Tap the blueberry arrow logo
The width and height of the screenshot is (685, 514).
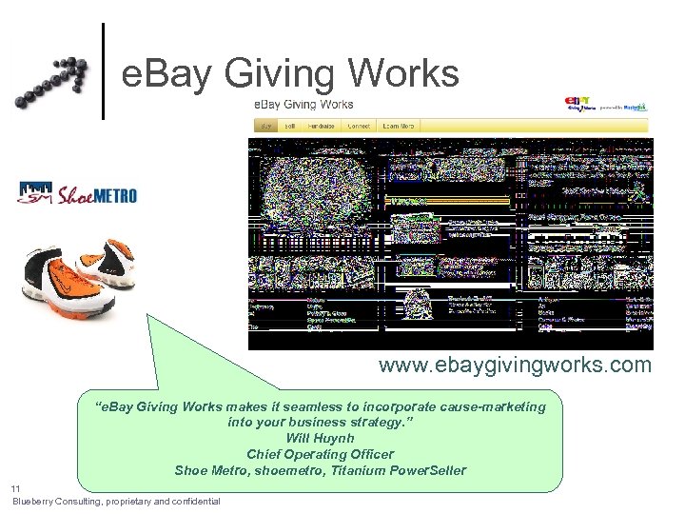point(52,81)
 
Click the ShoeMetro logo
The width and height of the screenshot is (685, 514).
point(77,194)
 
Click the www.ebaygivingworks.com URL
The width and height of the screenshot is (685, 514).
point(515,366)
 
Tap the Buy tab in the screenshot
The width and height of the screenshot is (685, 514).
point(266,126)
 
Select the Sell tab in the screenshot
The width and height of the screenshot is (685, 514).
point(290,126)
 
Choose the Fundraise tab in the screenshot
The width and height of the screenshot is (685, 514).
point(322,126)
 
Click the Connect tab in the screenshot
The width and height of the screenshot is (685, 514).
point(359,126)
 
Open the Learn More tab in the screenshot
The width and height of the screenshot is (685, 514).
point(398,126)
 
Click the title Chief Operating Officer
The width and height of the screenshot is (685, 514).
point(320,454)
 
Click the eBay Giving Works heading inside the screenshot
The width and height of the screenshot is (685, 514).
point(303,105)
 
